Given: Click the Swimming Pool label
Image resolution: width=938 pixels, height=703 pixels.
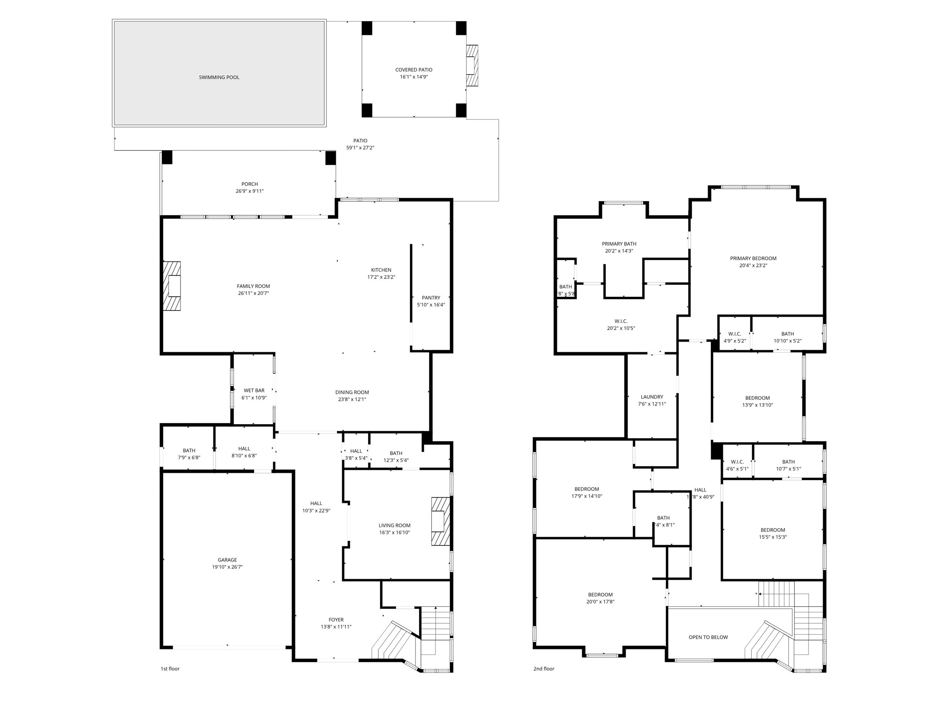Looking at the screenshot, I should pyautogui.click(x=219, y=77).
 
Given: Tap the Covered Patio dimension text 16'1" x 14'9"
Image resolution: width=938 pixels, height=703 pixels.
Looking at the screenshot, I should pyautogui.click(x=414, y=77).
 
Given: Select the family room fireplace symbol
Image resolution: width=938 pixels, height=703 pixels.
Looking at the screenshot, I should pyautogui.click(x=172, y=286).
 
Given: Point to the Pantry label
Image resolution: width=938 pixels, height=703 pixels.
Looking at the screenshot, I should pyautogui.click(x=431, y=298).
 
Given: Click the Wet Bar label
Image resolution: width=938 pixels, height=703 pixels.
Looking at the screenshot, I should pyautogui.click(x=254, y=391).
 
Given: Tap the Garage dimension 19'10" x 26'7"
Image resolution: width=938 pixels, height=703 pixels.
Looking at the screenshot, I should pyautogui.click(x=227, y=567).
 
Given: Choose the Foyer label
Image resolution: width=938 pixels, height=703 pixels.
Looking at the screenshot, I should pyautogui.click(x=336, y=620).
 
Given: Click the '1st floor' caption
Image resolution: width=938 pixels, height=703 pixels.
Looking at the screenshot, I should pyautogui.click(x=170, y=669).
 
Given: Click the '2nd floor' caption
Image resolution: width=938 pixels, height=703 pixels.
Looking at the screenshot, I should pyautogui.click(x=544, y=669).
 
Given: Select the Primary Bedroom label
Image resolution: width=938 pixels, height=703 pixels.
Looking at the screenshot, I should pyautogui.click(x=753, y=258).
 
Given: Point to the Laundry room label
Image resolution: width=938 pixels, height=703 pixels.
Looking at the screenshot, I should pyautogui.click(x=652, y=397).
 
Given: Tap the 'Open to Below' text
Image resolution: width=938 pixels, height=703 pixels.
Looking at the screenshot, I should pyautogui.click(x=708, y=637).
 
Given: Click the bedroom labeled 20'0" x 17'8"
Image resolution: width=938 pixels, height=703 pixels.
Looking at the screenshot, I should pyautogui.click(x=600, y=598).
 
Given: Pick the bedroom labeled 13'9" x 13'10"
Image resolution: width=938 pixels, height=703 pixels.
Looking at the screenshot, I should pyautogui.click(x=757, y=401).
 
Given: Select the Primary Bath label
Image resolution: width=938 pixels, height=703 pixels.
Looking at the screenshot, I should pyautogui.click(x=619, y=244).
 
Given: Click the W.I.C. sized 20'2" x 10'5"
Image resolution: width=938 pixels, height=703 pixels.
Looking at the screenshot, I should pyautogui.click(x=621, y=324).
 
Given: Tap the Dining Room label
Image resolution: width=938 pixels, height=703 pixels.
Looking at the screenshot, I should pyautogui.click(x=352, y=392).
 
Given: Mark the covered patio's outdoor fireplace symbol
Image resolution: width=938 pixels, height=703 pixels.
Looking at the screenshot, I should pyautogui.click(x=472, y=65).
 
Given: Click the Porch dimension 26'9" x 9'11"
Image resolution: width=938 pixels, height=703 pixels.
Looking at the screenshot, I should pyautogui.click(x=250, y=191).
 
